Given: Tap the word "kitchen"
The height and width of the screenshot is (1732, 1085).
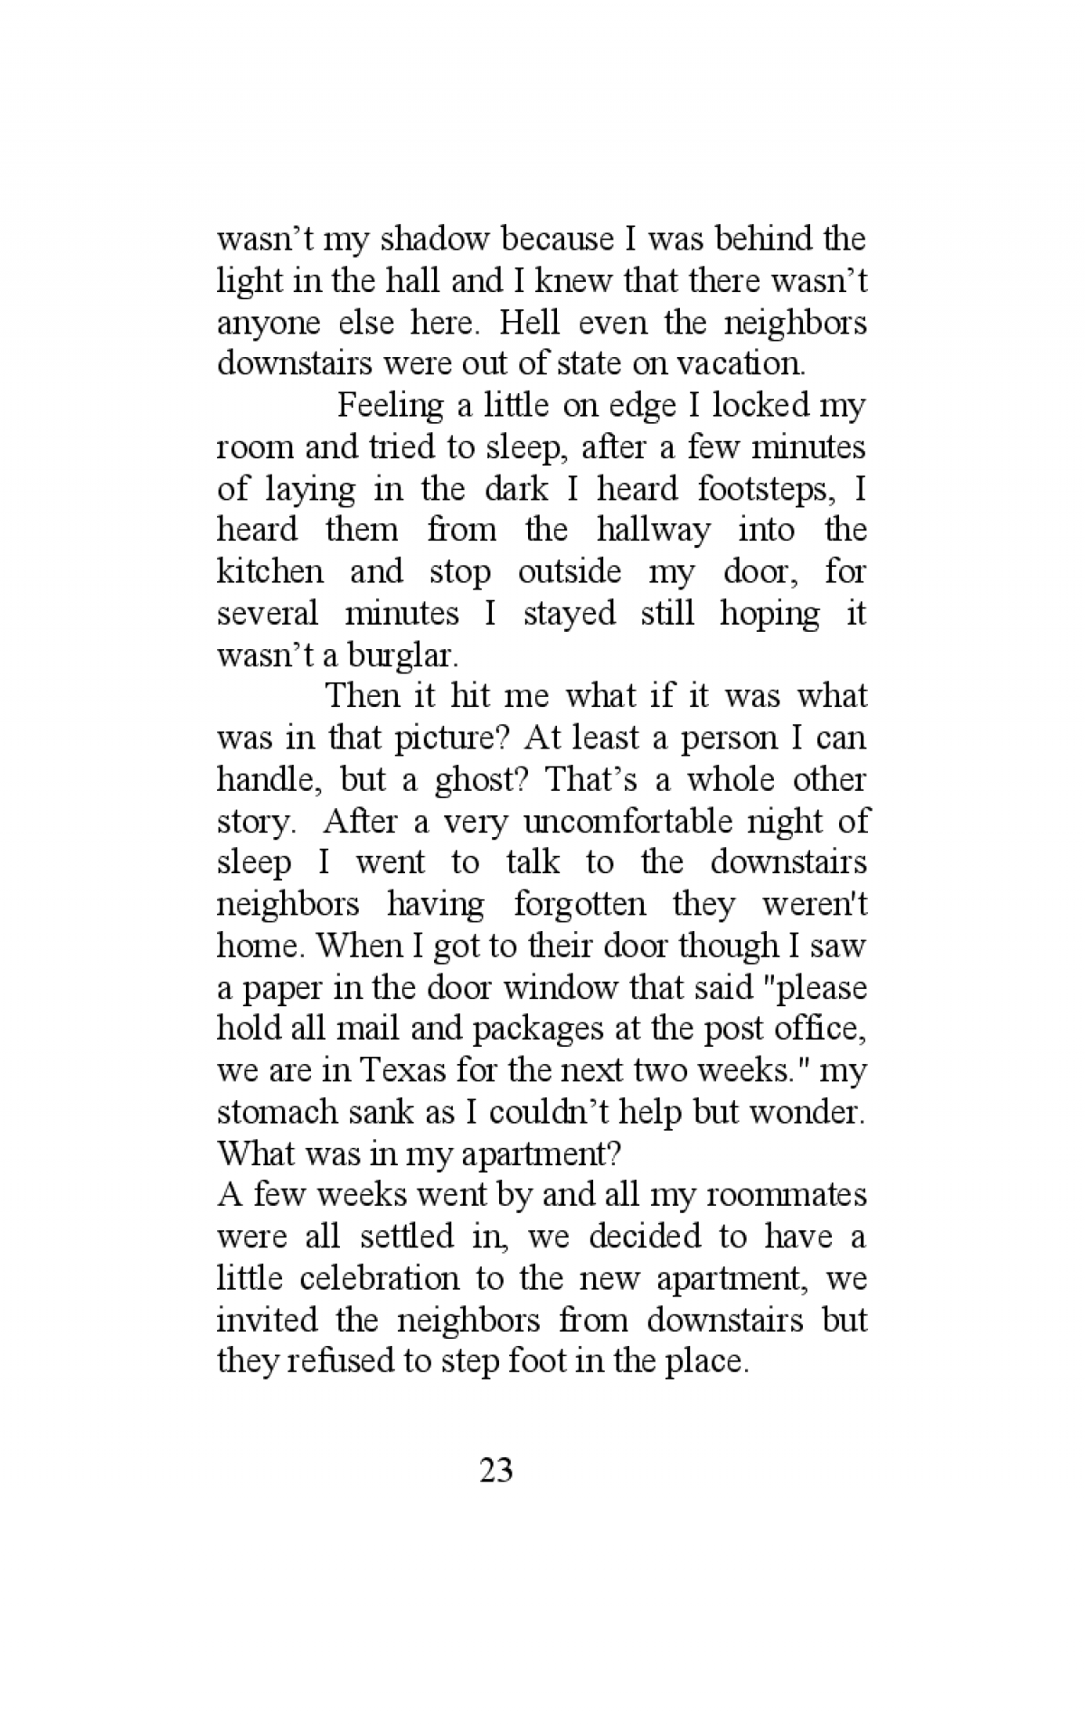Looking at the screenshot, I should coord(269,572).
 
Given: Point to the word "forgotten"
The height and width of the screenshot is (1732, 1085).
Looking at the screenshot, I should coord(580,905).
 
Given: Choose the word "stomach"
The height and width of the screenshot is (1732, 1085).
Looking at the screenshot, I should coord(273,1113).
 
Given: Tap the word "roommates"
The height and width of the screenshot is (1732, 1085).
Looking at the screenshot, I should coord(785,1196).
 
